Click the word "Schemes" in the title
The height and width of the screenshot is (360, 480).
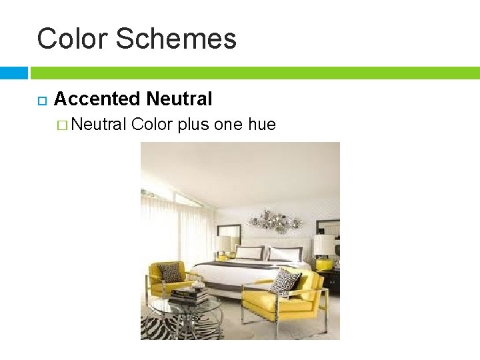point(176,39)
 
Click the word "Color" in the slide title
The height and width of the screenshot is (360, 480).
point(71,39)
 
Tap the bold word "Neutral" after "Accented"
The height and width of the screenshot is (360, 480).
point(179,99)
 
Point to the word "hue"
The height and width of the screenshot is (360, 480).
point(261,124)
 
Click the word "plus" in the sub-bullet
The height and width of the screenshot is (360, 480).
point(193,124)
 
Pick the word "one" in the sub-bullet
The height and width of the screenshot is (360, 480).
point(228,124)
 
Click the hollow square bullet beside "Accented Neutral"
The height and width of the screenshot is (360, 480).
point(41,101)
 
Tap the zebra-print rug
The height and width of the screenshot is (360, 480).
point(167,327)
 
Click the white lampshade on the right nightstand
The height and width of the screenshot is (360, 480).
point(325,245)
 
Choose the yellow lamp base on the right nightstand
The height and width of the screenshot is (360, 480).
point(324,264)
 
